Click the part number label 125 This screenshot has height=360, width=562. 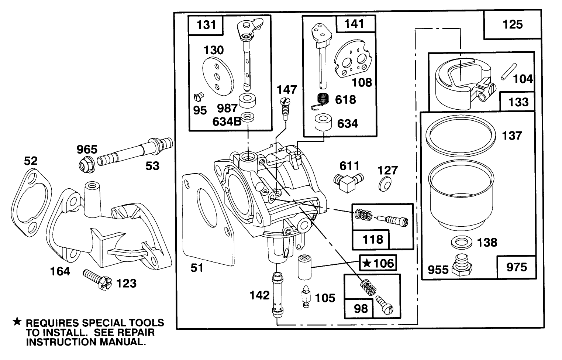513,25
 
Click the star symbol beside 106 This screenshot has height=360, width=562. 366,263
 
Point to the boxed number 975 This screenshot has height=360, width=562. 516,267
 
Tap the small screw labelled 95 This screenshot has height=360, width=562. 198,98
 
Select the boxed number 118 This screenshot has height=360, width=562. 373,239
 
